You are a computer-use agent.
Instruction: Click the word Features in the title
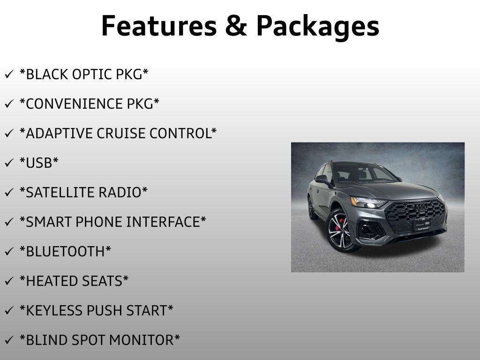pyautogui.click(x=159, y=26)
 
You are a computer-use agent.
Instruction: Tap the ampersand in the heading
pyautogui.click(x=236, y=26)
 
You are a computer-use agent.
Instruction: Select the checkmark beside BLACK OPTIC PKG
pyautogui.click(x=9, y=75)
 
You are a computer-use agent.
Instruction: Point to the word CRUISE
pyautogui.click(x=121, y=134)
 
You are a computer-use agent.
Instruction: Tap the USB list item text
pyautogui.click(x=39, y=163)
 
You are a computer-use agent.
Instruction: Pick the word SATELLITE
pyautogui.click(x=60, y=193)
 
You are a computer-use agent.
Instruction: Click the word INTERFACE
pyautogui.click(x=163, y=222)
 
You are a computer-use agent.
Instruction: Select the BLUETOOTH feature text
pyautogui.click(x=65, y=251)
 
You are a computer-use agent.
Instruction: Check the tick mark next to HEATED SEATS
pyautogui.click(x=9, y=281)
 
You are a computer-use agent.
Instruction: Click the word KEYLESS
pyautogui.click(x=54, y=310)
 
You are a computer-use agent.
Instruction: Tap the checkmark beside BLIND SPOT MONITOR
pyautogui.click(x=9, y=340)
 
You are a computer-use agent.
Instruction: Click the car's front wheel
pyautogui.click(x=340, y=230)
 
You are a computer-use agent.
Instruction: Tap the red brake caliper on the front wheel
pyautogui.click(x=338, y=225)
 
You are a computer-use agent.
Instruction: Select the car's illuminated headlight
pyautogui.click(x=368, y=202)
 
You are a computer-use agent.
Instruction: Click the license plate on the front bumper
pyautogui.click(x=422, y=225)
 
